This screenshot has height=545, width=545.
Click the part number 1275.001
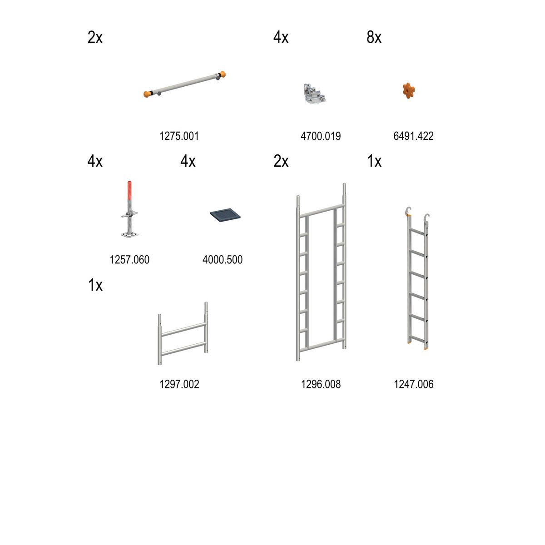click(179, 136)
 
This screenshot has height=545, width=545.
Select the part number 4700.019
click(321, 136)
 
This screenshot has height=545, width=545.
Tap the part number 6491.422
click(413, 136)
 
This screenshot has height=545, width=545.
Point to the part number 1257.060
click(129, 260)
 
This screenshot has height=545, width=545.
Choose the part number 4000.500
click(222, 260)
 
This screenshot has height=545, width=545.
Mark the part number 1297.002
click(179, 384)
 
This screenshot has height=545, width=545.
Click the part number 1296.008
click(321, 384)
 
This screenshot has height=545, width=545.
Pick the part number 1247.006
click(413, 384)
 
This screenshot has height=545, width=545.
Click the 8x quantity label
click(374, 37)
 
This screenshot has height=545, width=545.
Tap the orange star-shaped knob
click(409, 90)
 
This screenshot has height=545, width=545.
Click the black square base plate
click(225, 215)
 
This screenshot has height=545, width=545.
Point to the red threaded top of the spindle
click(129, 190)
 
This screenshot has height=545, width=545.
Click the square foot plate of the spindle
click(129, 234)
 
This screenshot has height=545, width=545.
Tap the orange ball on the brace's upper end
click(223, 74)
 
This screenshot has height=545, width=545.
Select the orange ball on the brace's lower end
click(147, 94)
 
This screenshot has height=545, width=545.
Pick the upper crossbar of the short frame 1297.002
click(183, 329)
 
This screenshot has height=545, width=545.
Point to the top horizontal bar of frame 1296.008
click(322, 211)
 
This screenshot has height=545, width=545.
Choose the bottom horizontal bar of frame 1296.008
click(322, 345)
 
